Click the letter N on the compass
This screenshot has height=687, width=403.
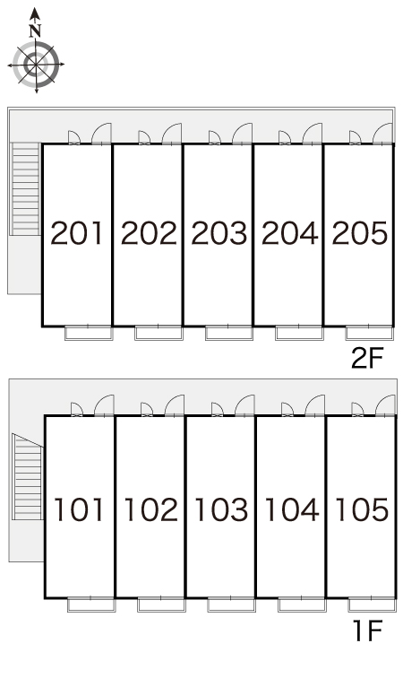35,31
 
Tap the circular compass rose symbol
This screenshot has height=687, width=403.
36,64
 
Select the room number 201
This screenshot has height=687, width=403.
77,232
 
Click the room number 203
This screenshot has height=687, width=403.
219,232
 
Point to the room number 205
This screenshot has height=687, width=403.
360,232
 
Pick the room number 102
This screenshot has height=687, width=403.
151,509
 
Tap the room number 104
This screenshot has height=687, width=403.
292,509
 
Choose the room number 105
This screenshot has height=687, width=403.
363,509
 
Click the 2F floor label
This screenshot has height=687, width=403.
367,359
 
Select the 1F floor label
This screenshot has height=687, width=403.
368,630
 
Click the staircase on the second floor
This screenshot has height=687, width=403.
26,188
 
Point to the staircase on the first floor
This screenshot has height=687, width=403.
28,476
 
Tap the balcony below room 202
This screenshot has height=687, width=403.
159,333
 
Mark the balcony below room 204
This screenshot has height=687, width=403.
299,333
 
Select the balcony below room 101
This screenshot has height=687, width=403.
91,605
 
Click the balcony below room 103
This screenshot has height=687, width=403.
231,605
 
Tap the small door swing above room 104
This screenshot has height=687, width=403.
287,409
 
